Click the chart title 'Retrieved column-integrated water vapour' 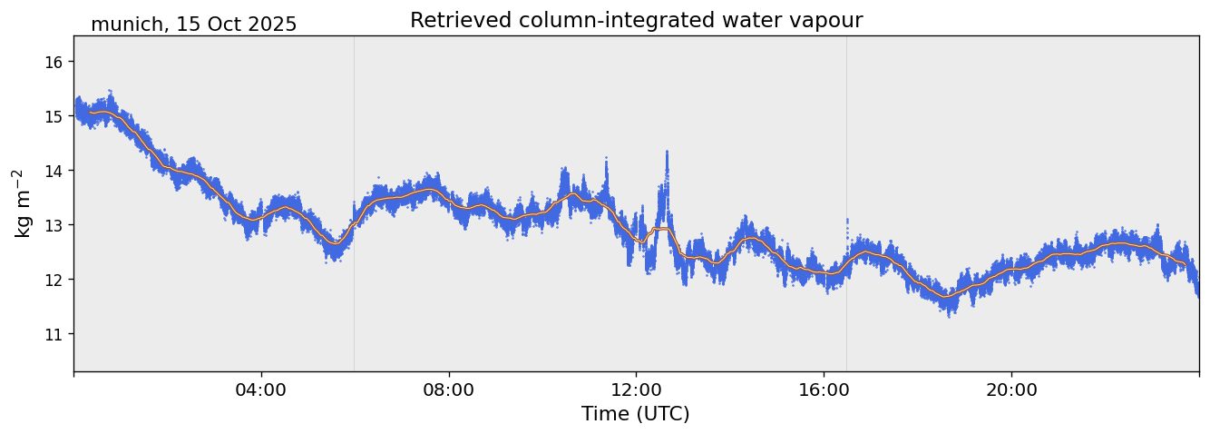click(636, 21)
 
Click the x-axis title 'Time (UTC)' click(636, 414)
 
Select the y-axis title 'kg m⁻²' click(24, 203)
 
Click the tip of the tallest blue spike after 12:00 click(667, 153)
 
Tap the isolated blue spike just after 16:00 click(847, 221)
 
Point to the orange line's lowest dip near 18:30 click(946, 297)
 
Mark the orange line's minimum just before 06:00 click(336, 243)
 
